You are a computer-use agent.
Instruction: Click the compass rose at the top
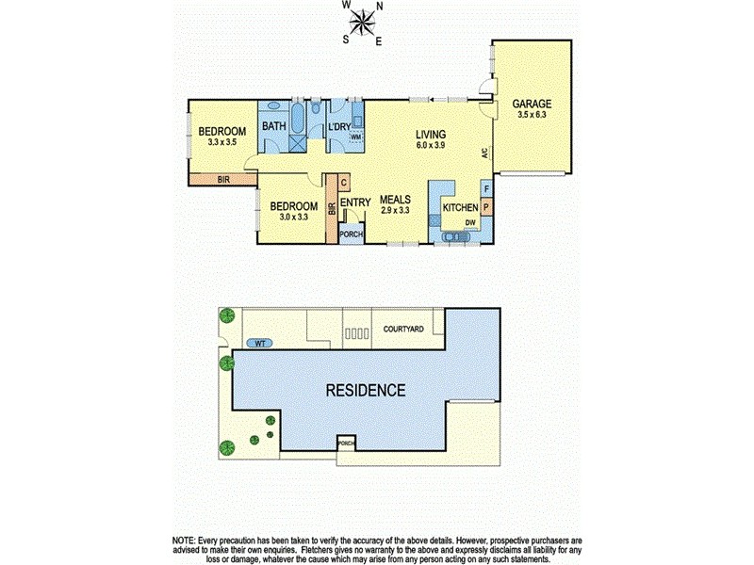tap(363, 24)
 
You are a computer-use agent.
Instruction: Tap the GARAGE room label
tap(532, 104)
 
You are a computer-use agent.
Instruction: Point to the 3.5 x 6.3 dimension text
tap(532, 115)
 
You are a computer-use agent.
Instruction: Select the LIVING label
tap(431, 135)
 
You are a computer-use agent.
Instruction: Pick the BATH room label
tap(274, 127)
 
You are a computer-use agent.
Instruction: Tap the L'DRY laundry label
tap(338, 127)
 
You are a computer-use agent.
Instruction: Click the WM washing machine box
tap(355, 137)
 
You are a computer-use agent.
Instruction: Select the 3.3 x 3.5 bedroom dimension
tap(225, 143)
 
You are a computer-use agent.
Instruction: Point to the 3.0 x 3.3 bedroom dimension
tap(295, 218)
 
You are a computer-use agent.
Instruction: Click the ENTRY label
tap(354, 202)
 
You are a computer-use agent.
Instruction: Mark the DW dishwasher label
tap(469, 222)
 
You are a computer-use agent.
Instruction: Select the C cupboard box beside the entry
tap(344, 183)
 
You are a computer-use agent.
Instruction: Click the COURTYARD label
tap(403, 330)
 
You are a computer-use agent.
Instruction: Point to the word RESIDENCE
tap(367, 390)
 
